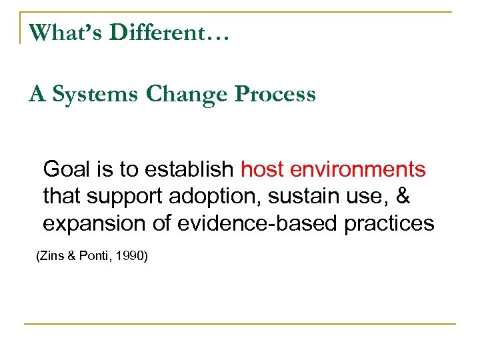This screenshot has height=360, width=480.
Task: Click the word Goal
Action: (x=62, y=170)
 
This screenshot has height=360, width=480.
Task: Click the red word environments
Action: (x=357, y=170)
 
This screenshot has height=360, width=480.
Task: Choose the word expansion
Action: (x=89, y=224)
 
